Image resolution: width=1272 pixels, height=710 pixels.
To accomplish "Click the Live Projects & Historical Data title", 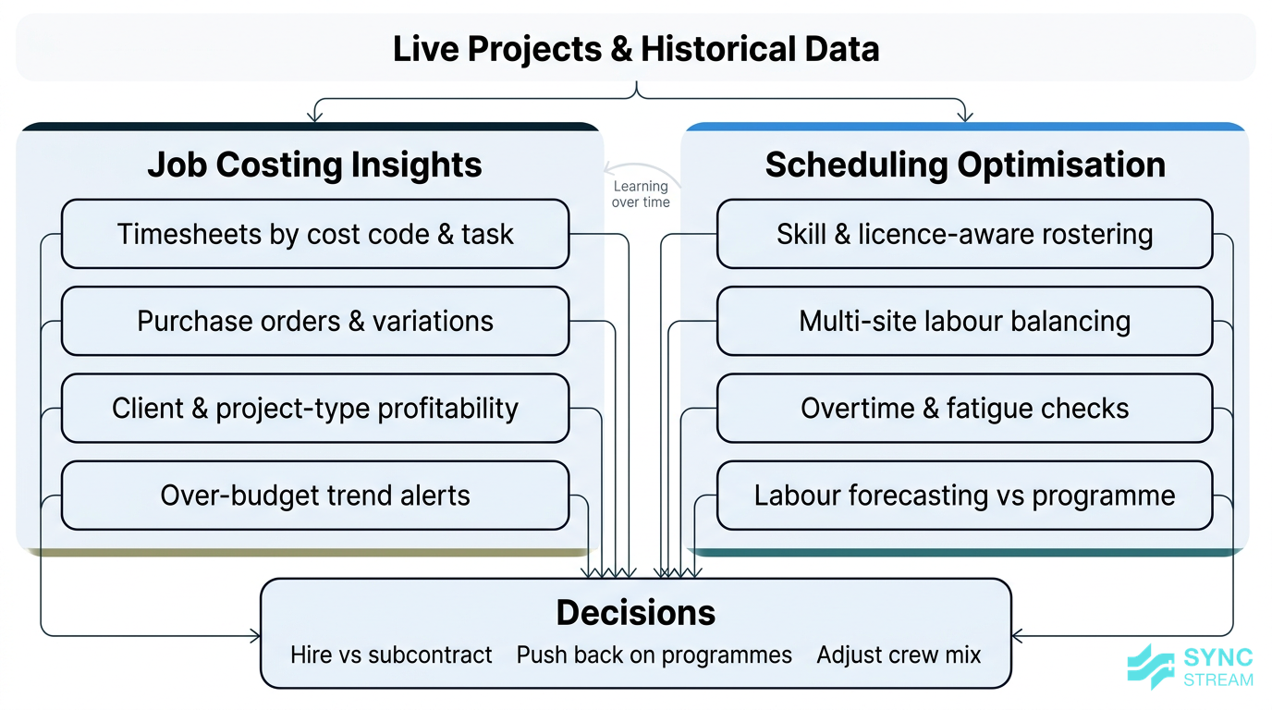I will (x=636, y=48).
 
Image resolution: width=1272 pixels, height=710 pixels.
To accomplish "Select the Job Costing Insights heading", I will (x=314, y=165).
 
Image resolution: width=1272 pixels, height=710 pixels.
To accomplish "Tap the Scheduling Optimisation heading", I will (x=965, y=165).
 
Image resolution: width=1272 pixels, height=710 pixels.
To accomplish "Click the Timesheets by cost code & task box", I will (x=314, y=234).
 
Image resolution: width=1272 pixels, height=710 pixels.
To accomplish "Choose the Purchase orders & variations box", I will (x=314, y=321).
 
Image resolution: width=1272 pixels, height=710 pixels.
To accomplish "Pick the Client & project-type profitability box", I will (x=314, y=408).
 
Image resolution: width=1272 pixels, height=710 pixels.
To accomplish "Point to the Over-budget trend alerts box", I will (x=314, y=496).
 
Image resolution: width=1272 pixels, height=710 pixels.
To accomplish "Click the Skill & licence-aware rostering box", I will (x=964, y=234).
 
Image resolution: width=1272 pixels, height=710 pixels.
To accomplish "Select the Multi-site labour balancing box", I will (x=964, y=321).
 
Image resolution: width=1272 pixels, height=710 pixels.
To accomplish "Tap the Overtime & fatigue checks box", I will (x=964, y=408).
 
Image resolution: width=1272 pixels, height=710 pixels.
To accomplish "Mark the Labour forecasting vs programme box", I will (x=964, y=496).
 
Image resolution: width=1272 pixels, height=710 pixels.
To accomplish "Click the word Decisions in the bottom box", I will (x=636, y=613).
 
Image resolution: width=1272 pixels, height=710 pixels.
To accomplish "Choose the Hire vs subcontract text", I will (x=391, y=655).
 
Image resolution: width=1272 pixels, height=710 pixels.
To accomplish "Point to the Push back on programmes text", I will (x=654, y=655).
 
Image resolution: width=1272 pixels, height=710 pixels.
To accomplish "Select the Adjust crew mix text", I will (x=899, y=655).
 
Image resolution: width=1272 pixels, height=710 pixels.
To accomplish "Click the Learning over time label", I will (x=641, y=194).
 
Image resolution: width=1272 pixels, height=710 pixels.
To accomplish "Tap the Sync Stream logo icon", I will (x=1151, y=667).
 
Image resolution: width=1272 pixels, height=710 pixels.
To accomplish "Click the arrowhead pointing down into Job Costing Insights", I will (x=315, y=116).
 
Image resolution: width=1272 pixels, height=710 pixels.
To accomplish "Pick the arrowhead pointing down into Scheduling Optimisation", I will (x=965, y=116).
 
